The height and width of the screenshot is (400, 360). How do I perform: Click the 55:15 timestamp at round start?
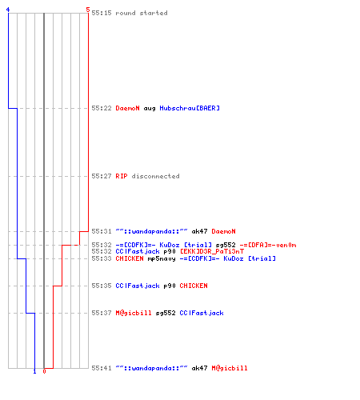(102, 13)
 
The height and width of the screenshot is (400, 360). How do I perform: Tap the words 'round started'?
(142, 13)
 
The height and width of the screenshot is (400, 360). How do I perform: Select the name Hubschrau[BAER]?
(190, 108)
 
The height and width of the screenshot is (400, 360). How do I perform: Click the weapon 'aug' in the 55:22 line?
(150, 109)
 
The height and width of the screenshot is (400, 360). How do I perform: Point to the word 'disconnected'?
(155, 176)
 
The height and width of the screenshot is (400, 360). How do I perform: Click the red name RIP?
(122, 176)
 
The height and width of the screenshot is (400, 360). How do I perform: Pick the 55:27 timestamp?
(102, 176)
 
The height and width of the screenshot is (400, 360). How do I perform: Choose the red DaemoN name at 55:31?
(223, 231)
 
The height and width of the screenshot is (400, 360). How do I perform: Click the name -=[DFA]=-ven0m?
(268, 245)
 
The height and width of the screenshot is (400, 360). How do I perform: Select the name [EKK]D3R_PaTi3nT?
(212, 251)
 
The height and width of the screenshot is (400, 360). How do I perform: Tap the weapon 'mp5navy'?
(162, 258)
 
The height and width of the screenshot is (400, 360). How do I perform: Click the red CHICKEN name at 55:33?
(130, 258)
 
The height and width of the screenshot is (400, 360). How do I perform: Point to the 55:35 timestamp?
(102, 286)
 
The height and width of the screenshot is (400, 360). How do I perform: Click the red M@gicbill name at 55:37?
(134, 313)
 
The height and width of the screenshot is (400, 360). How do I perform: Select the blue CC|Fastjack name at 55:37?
(202, 313)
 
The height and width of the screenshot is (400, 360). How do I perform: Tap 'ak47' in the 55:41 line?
(199, 368)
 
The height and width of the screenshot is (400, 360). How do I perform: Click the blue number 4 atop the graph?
(8, 10)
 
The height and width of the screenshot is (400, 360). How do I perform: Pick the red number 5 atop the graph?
(88, 10)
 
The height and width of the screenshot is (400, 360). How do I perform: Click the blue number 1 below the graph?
(34, 371)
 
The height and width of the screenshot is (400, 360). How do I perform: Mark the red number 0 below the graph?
(44, 371)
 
